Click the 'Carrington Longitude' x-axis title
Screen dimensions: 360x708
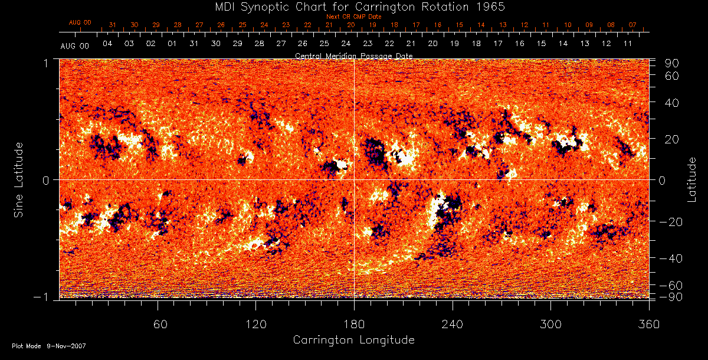(x=353, y=340)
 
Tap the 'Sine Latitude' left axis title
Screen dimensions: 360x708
(x=19, y=179)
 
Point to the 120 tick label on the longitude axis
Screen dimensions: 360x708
(x=255, y=324)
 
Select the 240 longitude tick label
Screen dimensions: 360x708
(x=452, y=324)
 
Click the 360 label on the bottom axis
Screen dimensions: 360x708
(x=648, y=324)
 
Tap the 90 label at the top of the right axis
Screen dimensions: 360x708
(x=673, y=63)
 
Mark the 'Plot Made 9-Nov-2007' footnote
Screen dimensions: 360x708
(x=49, y=346)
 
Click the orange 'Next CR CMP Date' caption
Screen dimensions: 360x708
(x=354, y=17)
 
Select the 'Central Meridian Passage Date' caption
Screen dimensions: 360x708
(x=353, y=55)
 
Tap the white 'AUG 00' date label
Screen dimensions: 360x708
(x=75, y=45)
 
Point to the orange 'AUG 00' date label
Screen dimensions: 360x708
(x=80, y=22)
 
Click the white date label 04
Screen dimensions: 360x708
(x=107, y=44)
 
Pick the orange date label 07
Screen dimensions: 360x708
(x=632, y=25)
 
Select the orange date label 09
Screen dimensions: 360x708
(x=589, y=25)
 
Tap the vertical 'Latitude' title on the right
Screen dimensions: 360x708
(x=692, y=179)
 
